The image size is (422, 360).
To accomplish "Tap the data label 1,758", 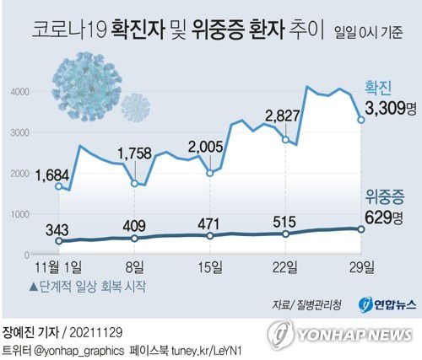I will (x=135, y=153).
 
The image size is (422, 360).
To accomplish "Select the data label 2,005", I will (x=206, y=145).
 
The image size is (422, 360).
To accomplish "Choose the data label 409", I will (x=135, y=225).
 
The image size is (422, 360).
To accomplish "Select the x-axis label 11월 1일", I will (x=57, y=267).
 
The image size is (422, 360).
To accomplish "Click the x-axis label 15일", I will (x=209, y=267).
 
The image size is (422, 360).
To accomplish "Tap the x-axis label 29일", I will (x=360, y=267).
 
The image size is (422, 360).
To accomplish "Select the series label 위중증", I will (x=381, y=199).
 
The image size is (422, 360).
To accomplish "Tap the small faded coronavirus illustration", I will (x=134, y=106).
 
